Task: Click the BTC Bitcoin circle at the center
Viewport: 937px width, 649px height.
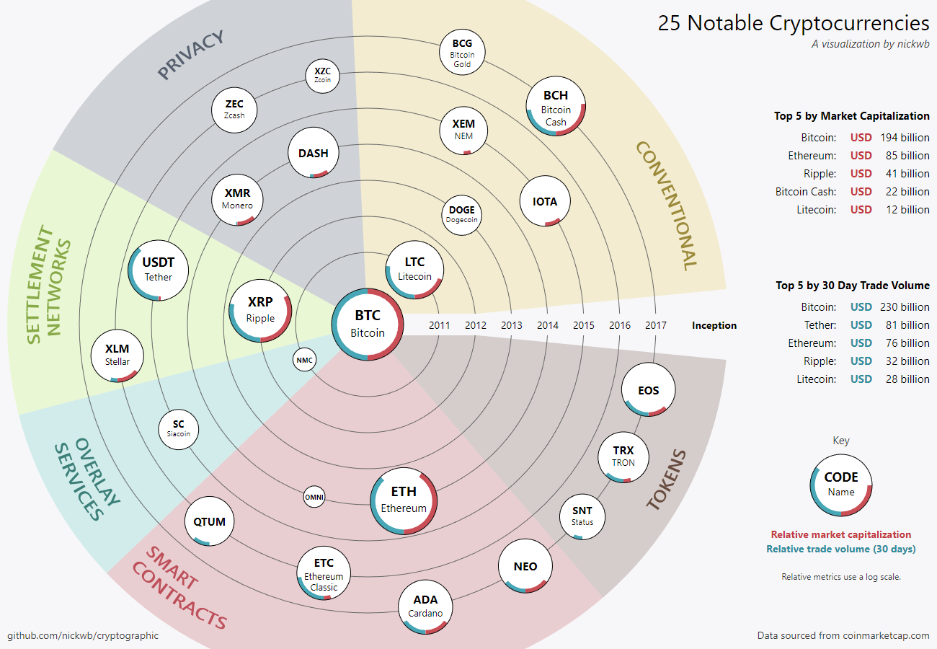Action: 368,324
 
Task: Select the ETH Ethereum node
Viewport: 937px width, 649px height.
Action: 404,500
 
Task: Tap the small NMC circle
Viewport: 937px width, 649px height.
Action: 304,360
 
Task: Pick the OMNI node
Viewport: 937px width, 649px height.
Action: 314,497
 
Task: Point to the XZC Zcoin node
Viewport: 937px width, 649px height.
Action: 322,75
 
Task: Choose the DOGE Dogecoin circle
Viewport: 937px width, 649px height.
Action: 461,214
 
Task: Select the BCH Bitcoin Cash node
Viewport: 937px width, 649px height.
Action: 556,107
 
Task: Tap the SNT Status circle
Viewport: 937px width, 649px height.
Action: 582,516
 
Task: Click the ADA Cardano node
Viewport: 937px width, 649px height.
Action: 425,606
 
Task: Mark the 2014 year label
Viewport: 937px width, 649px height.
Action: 548,325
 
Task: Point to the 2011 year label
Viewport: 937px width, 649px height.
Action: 440,325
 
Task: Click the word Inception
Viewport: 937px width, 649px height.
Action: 714,325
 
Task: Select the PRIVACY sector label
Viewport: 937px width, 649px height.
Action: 191,55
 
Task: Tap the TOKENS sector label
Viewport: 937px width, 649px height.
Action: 667,480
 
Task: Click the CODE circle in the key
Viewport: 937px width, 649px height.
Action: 841,484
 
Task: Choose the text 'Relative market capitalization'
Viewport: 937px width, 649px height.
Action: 841,534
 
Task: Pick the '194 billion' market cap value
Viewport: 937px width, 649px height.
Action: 905,137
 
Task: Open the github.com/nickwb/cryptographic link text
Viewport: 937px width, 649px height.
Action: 83,635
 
